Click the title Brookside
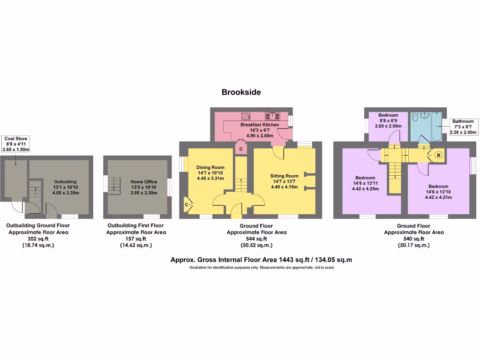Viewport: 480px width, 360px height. [x=241, y=92]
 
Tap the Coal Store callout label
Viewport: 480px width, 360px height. [x=16, y=144]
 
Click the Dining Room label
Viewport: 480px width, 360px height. [x=210, y=172]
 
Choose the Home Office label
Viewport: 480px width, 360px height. [x=143, y=187]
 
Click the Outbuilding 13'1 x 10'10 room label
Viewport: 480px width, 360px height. [x=65, y=187]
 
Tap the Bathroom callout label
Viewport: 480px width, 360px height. [x=463, y=127]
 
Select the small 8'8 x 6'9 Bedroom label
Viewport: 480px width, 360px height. [x=388, y=120]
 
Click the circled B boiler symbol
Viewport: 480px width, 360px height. [x=439, y=155]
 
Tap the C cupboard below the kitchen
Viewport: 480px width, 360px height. [x=241, y=149]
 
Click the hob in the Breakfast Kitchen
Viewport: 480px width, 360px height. [x=247, y=116]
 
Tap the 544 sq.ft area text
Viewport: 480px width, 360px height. [x=256, y=239]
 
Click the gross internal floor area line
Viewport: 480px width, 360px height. [x=261, y=260]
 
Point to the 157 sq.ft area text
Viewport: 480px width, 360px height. [x=136, y=239]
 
